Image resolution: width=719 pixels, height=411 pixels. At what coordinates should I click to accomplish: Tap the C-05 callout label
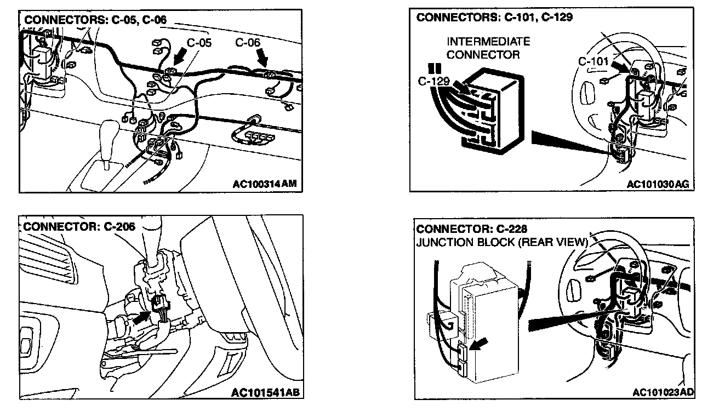tap(199, 43)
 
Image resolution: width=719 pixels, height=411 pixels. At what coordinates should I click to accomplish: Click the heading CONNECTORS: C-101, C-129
tap(494, 18)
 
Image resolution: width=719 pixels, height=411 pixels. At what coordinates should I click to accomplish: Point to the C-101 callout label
tap(594, 61)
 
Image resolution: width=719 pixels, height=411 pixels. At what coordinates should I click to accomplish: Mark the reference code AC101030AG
tap(658, 184)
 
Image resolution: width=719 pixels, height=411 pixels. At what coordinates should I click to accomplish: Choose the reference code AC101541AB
tap(265, 392)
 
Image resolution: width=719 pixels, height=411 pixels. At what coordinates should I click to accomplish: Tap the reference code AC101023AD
tap(663, 392)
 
